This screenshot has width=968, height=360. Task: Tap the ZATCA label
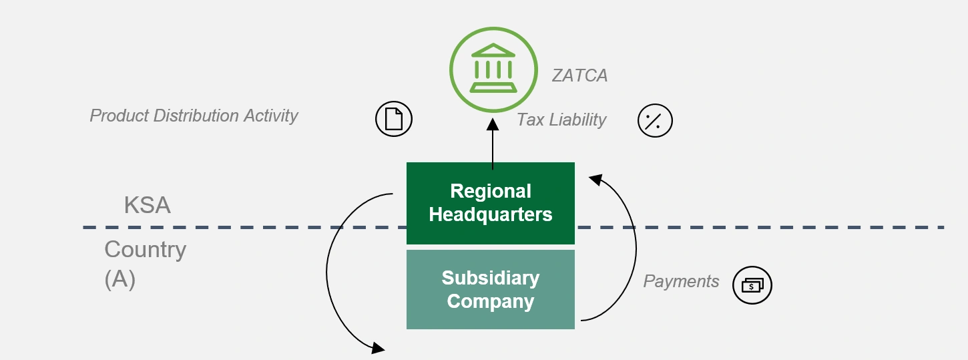tap(579, 75)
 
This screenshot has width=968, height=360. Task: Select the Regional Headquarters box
tap(491, 203)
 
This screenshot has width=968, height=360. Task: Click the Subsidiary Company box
tap(491, 289)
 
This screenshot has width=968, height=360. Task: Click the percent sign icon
tap(655, 121)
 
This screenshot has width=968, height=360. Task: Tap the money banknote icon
tap(752, 285)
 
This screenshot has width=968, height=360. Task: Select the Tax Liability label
tap(561, 120)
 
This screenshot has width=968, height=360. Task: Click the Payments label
tap(681, 281)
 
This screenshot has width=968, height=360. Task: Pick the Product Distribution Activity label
tap(194, 116)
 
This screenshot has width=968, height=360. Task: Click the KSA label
tap(147, 205)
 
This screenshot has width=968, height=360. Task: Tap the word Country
tap(145, 250)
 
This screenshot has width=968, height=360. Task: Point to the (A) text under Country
tap(120, 279)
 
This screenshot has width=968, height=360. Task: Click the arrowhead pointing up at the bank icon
tap(492, 124)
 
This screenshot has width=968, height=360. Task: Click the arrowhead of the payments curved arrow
tap(595, 178)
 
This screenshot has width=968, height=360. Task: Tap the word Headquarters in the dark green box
tap(491, 214)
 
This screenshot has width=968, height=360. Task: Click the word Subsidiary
tap(491, 278)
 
